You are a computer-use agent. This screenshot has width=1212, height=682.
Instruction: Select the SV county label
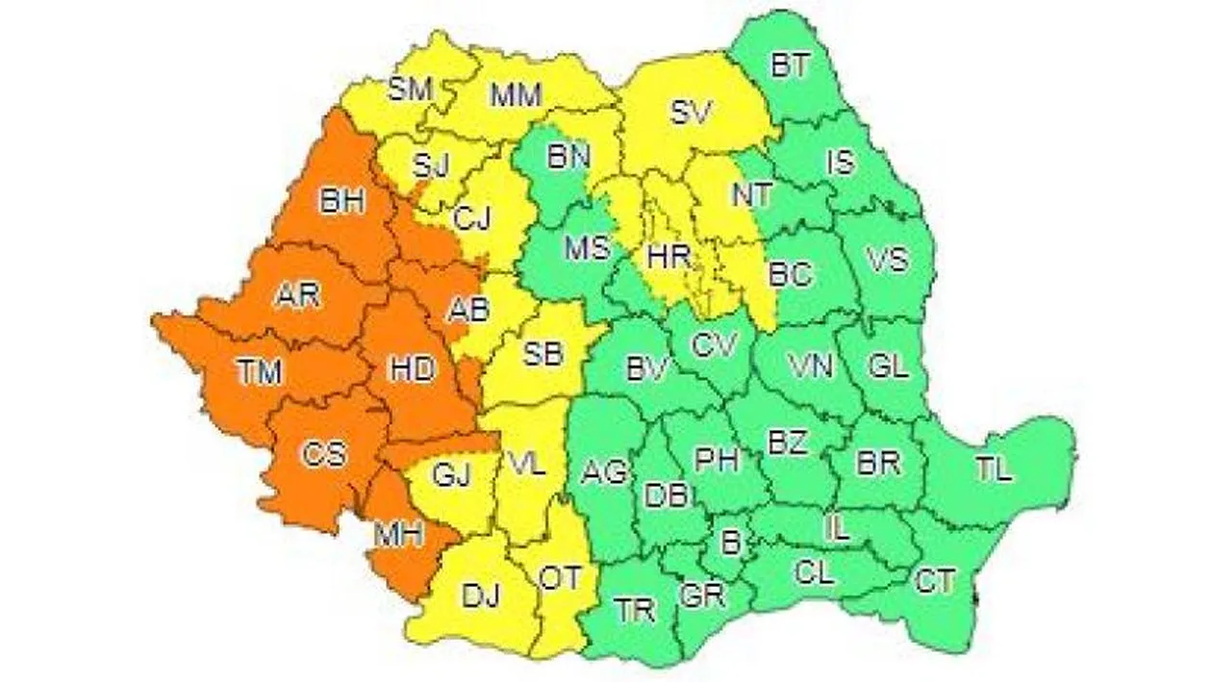click(x=690, y=114)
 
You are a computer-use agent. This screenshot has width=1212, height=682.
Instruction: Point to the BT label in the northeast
click(x=791, y=66)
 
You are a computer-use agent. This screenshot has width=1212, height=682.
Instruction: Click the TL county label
click(x=994, y=469)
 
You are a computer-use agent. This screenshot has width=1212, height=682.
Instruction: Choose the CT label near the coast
click(x=935, y=581)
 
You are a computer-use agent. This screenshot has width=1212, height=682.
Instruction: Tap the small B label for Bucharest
click(x=731, y=543)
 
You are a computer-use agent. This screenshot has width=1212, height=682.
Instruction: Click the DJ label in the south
click(x=482, y=597)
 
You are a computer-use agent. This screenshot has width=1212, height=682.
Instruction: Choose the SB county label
click(x=544, y=353)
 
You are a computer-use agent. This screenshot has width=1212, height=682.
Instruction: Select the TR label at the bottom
click(x=636, y=609)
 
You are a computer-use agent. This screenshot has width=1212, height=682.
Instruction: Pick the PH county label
click(x=717, y=460)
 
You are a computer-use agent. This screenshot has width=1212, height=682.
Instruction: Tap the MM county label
click(x=517, y=95)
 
